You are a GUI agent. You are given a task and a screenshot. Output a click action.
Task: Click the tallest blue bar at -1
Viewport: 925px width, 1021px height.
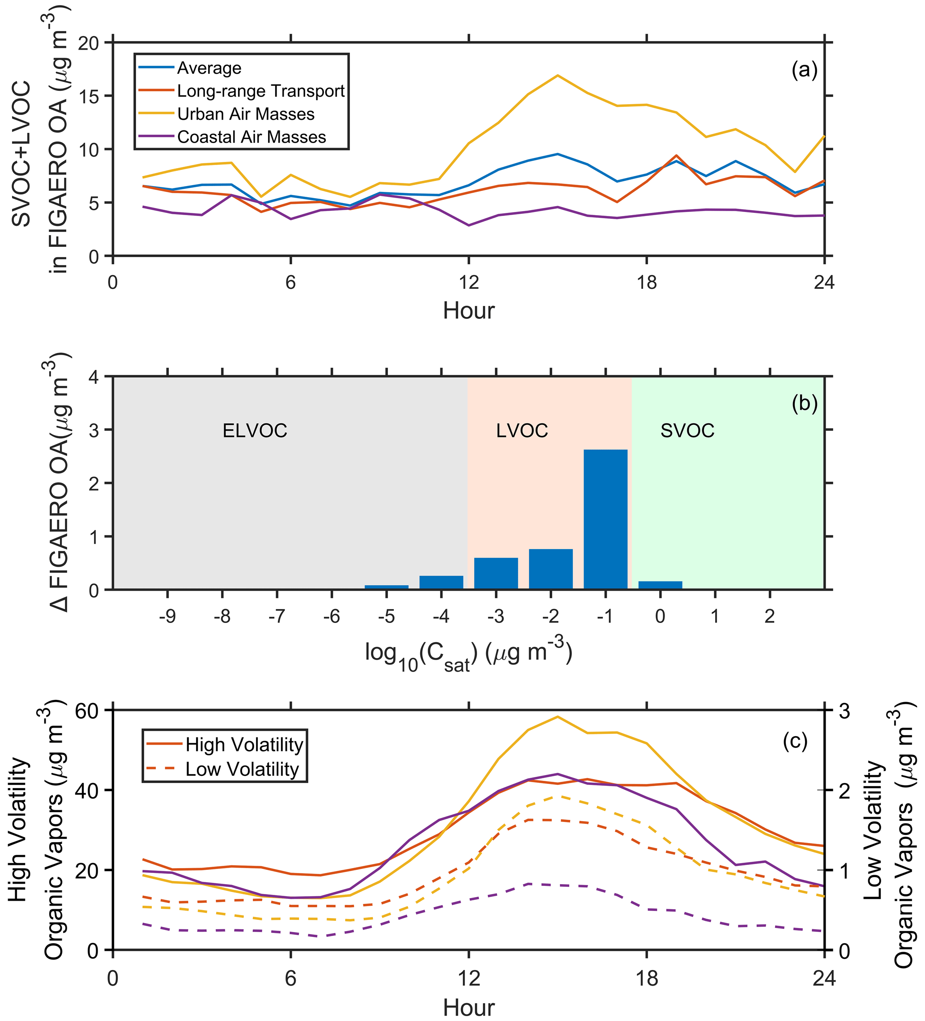(x=605, y=519)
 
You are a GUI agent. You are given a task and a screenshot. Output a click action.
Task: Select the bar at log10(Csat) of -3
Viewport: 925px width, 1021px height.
(x=496, y=573)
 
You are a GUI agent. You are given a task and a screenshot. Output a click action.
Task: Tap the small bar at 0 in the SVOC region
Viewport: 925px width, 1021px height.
(x=660, y=585)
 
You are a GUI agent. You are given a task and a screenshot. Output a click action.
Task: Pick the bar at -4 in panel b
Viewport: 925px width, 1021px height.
(x=441, y=582)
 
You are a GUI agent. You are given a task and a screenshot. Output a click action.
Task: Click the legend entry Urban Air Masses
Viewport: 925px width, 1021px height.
(x=246, y=114)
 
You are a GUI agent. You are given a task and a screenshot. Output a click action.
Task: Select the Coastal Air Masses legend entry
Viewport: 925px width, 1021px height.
(x=251, y=137)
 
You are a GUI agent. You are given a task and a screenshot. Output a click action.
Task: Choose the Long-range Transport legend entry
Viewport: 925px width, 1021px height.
(x=260, y=91)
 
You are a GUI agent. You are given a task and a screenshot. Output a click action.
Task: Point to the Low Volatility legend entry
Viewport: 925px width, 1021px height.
(x=242, y=769)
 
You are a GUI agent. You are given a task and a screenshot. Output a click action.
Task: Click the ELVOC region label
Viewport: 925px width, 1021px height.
(x=255, y=431)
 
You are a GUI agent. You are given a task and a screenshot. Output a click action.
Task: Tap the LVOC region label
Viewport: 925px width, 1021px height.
(x=522, y=431)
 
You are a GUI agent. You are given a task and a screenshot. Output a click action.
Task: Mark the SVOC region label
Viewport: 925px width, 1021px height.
(x=687, y=431)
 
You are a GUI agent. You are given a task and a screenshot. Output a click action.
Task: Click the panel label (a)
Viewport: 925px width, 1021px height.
(x=804, y=70)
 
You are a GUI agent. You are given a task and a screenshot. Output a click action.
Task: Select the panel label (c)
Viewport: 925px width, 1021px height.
(x=795, y=741)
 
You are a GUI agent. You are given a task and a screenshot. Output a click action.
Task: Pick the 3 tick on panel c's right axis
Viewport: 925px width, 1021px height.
(x=844, y=711)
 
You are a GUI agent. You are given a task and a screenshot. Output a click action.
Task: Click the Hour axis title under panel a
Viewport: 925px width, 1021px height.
(x=469, y=310)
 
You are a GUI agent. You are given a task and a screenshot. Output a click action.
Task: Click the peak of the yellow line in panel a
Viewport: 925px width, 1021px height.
(x=558, y=76)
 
